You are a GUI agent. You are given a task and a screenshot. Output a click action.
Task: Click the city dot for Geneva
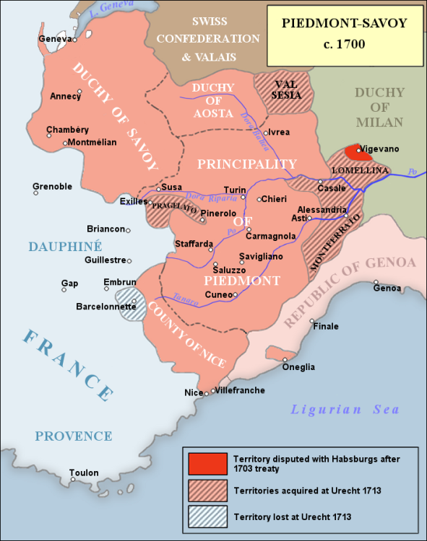[x=74, y=40]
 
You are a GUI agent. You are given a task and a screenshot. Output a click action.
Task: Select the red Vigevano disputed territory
[x=353, y=151]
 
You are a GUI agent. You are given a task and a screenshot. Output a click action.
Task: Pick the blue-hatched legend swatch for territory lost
[x=205, y=516]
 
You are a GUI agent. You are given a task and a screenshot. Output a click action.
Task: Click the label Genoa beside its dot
[x=387, y=289]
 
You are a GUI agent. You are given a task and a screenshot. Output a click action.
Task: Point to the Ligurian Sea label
[x=345, y=410]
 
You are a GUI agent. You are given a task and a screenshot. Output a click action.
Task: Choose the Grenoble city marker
[x=35, y=193]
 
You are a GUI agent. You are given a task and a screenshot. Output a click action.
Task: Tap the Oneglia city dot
[x=285, y=359]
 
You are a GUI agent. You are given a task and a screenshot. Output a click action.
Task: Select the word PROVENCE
[x=74, y=436]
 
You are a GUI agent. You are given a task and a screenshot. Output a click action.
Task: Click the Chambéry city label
[x=67, y=130]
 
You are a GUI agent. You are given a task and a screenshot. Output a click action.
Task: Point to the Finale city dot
[x=312, y=321]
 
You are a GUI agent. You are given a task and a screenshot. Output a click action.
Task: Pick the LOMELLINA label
[x=355, y=170]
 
